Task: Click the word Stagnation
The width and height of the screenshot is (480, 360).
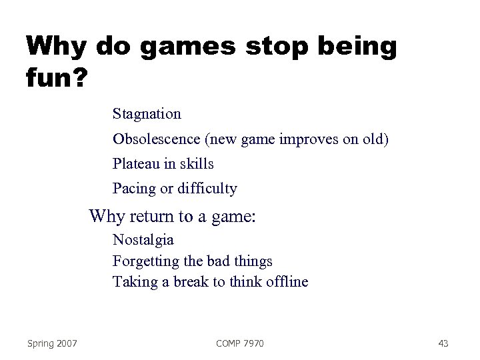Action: tap(147, 114)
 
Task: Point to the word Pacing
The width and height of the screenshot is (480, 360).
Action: tap(133, 189)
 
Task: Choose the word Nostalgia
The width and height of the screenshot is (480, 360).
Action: tap(143, 239)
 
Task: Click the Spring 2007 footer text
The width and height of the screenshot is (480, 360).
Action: tap(53, 343)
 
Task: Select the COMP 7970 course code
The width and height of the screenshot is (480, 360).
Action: tap(240, 343)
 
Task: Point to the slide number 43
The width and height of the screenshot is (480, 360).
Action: tap(443, 343)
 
